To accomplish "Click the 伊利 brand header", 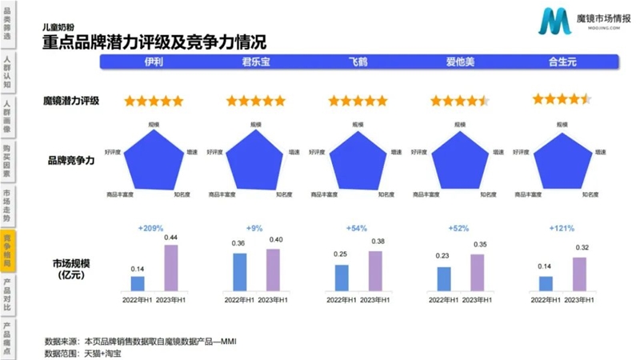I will click(x=154, y=63).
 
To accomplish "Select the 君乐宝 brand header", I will click(x=255, y=63).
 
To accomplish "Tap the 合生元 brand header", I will click(x=562, y=63).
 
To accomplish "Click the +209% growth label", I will click(x=151, y=229).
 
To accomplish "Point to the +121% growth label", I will click(x=561, y=229).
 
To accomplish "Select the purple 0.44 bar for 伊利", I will click(x=170, y=268).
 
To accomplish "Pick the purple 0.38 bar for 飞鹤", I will click(x=375, y=271).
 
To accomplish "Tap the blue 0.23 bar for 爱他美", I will click(x=444, y=278).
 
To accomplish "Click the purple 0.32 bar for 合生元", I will click(x=580, y=274).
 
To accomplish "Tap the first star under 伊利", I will click(x=130, y=101).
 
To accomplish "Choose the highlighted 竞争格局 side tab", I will click(x=7, y=250).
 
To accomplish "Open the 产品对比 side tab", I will click(x=7, y=294).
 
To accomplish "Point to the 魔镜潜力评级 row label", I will click(x=71, y=101).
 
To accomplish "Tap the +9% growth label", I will click(x=255, y=229).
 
